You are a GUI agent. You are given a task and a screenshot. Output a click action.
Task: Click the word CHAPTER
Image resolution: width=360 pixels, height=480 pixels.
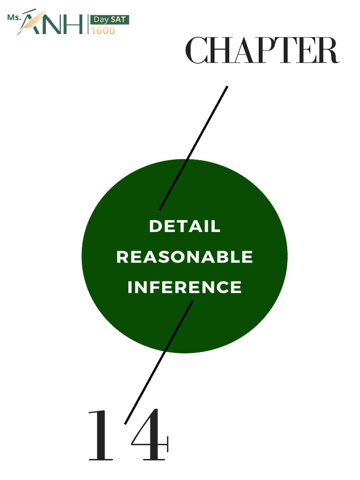(262, 51)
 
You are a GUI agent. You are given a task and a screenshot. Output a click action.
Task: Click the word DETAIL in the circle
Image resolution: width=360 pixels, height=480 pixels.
(185, 226)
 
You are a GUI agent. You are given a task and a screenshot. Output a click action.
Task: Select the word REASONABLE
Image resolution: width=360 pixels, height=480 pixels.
(185, 257)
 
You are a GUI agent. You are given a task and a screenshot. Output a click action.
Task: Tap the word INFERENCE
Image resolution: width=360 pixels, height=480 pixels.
(185, 287)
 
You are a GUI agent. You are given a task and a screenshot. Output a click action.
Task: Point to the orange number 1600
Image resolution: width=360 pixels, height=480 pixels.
(103, 30)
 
